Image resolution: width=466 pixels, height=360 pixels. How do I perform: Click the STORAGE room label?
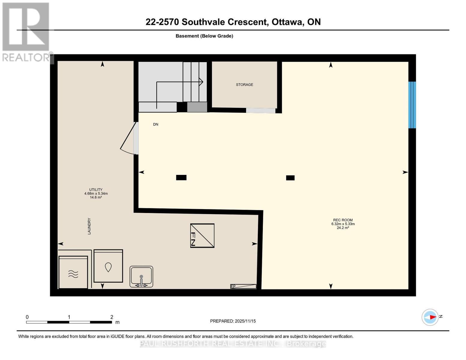(244, 85)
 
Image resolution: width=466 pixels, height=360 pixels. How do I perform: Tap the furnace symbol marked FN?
(202, 235)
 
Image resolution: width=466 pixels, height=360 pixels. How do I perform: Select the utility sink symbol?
(141, 277)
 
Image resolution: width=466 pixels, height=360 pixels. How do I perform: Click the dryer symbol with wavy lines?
(73, 272)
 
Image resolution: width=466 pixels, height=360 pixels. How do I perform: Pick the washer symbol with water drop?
(108, 266)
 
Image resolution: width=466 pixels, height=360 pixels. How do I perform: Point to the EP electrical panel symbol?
(243, 286)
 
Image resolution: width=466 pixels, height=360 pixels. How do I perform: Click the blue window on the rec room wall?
(412, 105)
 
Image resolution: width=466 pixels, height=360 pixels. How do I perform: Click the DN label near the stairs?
(155, 124)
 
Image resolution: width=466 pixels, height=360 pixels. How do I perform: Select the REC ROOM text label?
(343, 220)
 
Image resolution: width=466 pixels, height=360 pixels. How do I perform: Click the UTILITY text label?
(96, 190)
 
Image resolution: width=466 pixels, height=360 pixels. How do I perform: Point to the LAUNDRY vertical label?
(89, 226)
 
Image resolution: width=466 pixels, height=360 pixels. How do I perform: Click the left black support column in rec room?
(181, 178)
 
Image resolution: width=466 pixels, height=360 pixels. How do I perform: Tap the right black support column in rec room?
(290, 178)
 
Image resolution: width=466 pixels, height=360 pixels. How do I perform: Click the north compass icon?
(430, 317)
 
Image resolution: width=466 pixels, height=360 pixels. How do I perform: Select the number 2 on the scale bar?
(112, 317)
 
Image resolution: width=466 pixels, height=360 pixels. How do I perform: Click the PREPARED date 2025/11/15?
(245, 321)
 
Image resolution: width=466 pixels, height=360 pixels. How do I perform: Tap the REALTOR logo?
(26, 31)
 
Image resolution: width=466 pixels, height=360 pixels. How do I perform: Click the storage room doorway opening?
(260, 110)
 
